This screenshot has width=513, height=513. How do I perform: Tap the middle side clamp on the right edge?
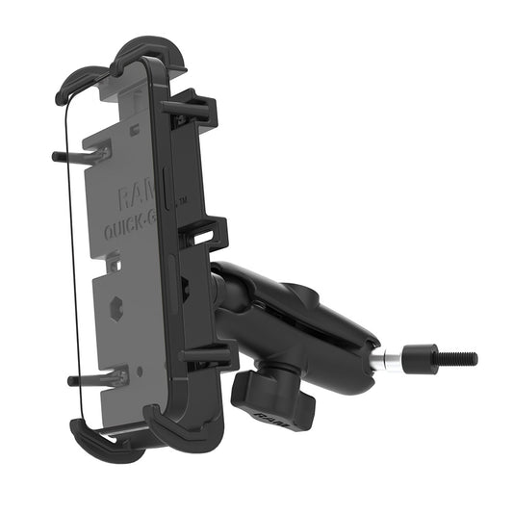pyautogui.click(x=207, y=232)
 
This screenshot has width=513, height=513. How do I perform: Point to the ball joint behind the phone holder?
pyautogui.click(x=222, y=289)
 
